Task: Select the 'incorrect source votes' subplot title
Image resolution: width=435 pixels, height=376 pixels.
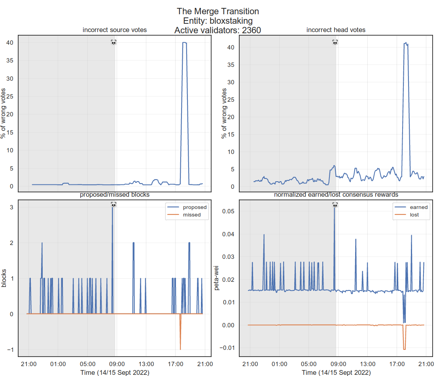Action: pyautogui.click(x=114, y=30)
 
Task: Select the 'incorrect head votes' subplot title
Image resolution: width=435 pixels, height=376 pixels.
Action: pyautogui.click(x=336, y=30)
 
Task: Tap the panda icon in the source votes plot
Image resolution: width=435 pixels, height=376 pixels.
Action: pyautogui.click(x=114, y=42)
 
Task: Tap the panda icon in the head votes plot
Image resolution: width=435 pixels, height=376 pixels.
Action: pyautogui.click(x=335, y=42)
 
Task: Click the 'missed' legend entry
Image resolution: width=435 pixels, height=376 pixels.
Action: pyautogui.click(x=192, y=215)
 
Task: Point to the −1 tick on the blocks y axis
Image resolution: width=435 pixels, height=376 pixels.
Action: pyautogui.click(x=10, y=350)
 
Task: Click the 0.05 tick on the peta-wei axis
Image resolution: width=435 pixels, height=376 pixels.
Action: pyautogui.click(x=229, y=211)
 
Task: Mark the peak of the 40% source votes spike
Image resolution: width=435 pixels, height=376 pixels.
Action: pyautogui.click(x=184, y=42)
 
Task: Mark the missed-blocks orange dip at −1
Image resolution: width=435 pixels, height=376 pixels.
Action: pyautogui.click(x=180, y=349)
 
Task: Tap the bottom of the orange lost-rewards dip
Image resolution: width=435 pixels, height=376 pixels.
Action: pyautogui.click(x=404, y=349)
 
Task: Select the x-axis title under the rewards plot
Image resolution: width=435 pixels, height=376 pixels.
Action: pyautogui.click(x=336, y=372)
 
